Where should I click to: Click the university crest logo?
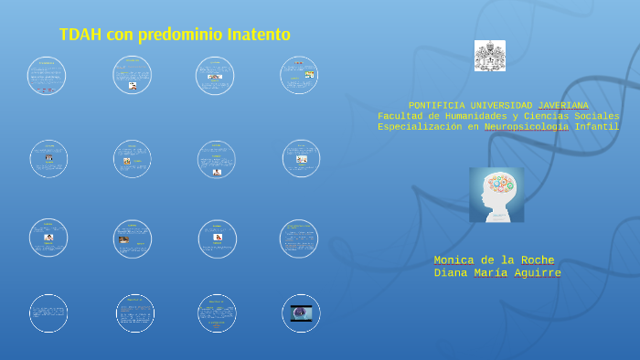click(490, 56)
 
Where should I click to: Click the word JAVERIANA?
click(558, 106)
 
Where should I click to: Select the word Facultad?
click(400, 117)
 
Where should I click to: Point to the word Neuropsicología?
click(527, 128)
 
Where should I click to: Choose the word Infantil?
click(597, 128)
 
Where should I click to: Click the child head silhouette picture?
click(496, 195)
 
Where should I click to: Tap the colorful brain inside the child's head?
click(500, 184)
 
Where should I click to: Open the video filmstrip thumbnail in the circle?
click(301, 312)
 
